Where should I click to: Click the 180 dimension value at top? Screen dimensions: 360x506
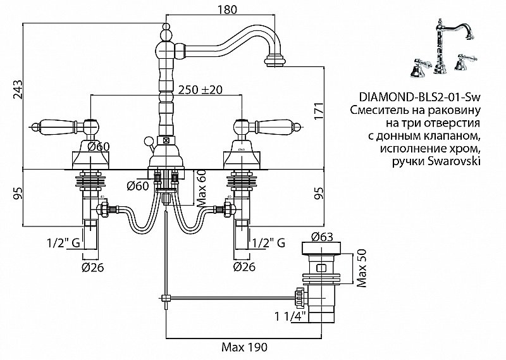point(228,9)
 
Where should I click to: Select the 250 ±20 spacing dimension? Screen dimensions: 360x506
point(201,89)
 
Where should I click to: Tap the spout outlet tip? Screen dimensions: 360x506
point(275,61)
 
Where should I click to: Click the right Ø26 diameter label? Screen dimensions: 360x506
point(244,267)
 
